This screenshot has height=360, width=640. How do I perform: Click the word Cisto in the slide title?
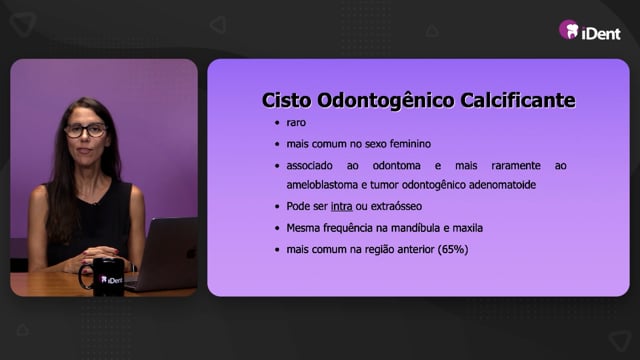coord(286,100)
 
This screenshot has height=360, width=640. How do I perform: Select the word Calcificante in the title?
coord(518,100)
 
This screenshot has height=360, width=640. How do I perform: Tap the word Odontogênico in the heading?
coord(385,101)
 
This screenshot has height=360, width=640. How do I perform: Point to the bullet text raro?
coord(296,122)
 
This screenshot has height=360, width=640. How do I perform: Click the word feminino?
coord(410,144)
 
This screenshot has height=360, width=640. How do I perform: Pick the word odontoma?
coord(396,165)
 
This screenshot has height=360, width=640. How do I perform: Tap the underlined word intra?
coord(342,206)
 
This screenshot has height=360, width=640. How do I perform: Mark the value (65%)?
coord(453,249)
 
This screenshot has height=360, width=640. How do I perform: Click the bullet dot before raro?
coord(277,123)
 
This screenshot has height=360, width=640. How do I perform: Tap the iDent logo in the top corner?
coord(589,31)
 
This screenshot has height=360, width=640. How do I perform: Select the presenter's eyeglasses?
coord(86,131)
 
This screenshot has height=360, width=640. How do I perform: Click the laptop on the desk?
coord(165,254)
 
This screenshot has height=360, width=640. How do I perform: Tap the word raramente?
coord(516,165)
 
